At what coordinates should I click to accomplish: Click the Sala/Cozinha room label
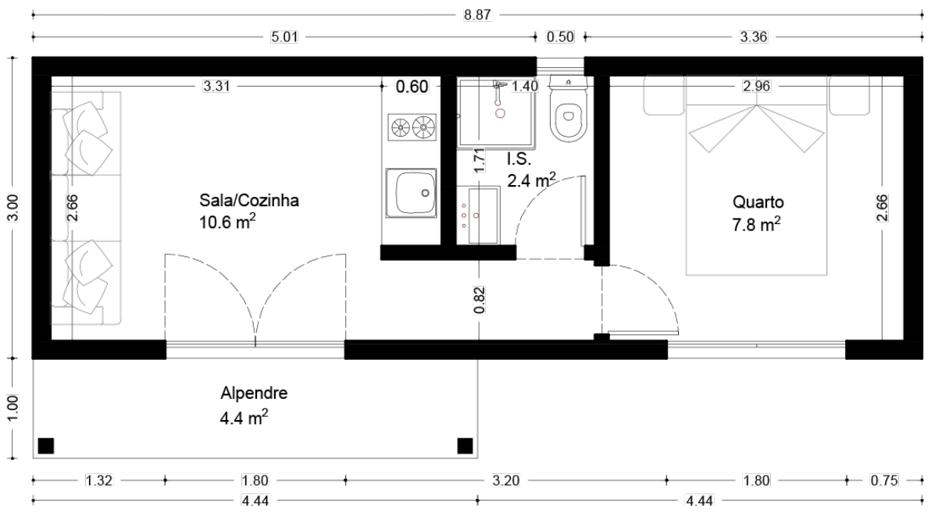click(249, 201)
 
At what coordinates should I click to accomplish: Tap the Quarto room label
click(758, 202)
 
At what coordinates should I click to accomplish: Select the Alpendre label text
click(254, 394)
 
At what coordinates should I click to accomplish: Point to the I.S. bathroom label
click(519, 159)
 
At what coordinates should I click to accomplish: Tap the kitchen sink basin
click(411, 194)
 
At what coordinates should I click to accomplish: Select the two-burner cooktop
click(412, 127)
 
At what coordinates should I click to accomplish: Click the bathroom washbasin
click(483, 216)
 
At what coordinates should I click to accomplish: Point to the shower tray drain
click(500, 113)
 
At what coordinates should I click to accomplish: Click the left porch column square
click(46, 446)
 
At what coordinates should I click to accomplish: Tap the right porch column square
click(465, 446)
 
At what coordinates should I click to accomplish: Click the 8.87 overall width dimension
click(477, 15)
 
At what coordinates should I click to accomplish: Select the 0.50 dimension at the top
click(560, 37)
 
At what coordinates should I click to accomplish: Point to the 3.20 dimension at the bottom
click(506, 480)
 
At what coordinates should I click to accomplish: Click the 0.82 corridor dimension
click(479, 300)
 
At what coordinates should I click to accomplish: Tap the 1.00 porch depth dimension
click(13, 408)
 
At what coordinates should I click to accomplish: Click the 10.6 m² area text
click(227, 221)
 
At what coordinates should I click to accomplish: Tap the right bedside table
click(850, 95)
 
